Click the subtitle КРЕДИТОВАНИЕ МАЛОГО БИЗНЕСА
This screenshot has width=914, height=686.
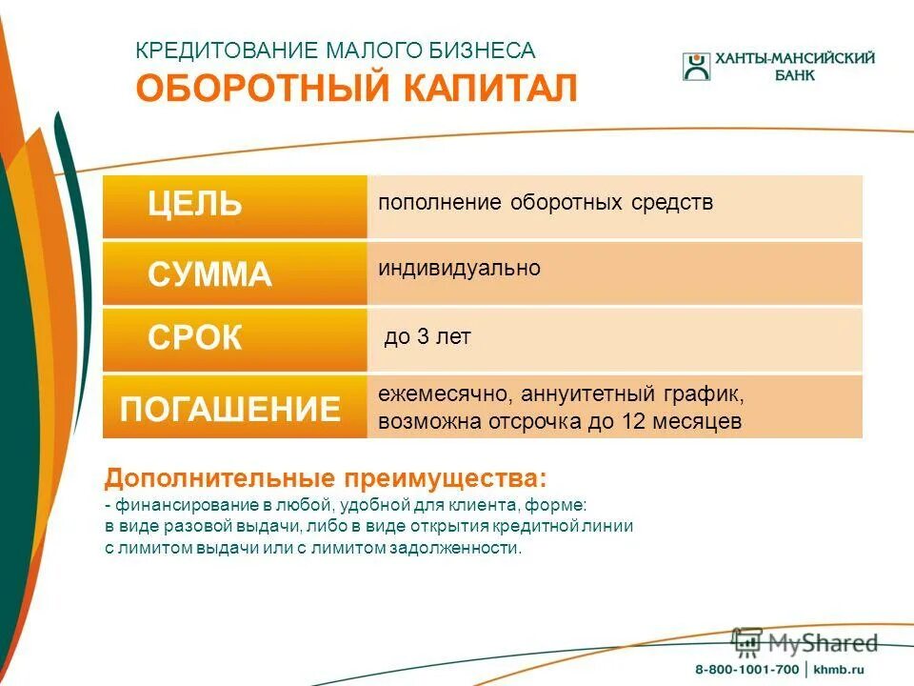click(x=335, y=50)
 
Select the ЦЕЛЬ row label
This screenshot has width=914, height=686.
click(x=195, y=204)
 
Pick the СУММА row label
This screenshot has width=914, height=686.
click(x=209, y=275)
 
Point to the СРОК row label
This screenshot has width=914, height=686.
click(x=195, y=338)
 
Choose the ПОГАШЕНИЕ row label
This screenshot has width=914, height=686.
click(x=229, y=409)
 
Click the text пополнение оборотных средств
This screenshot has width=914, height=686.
click(x=546, y=203)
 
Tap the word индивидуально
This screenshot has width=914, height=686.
click(x=459, y=269)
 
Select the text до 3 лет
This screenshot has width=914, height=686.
click(x=427, y=337)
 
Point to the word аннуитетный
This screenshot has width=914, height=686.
click(x=570, y=393)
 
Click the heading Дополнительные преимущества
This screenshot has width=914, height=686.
click(x=326, y=476)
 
